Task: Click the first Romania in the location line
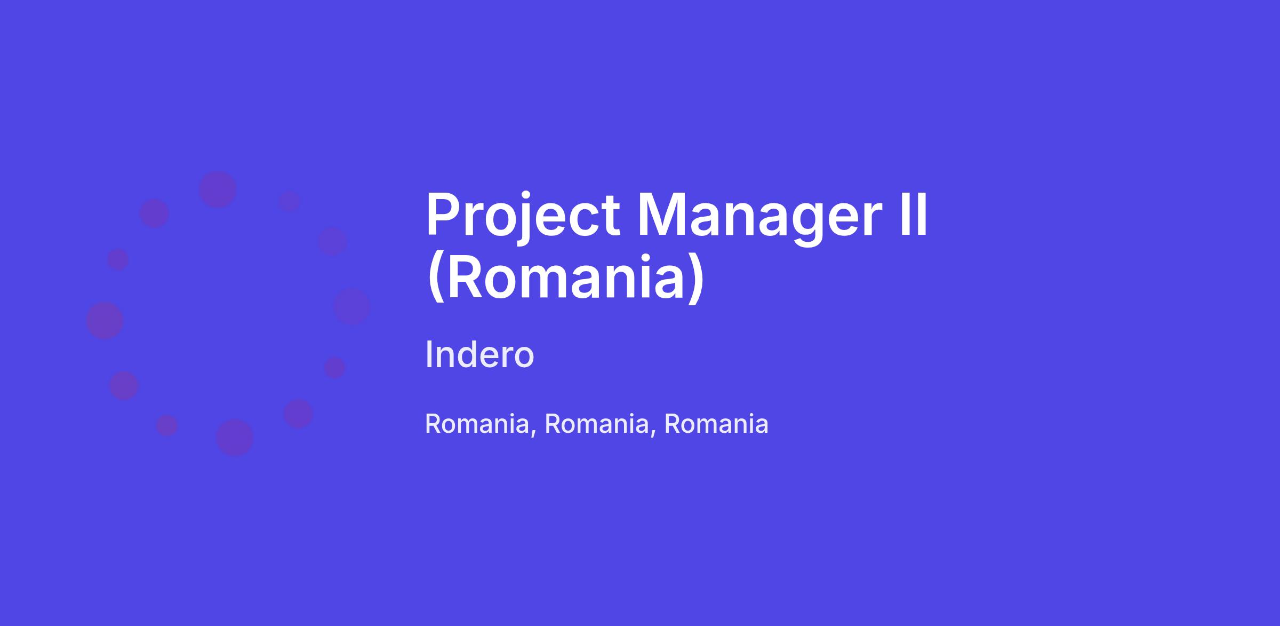click(x=477, y=424)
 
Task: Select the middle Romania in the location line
click(x=596, y=424)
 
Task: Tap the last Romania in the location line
click(x=716, y=424)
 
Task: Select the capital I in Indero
click(x=428, y=354)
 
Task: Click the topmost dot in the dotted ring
click(x=217, y=189)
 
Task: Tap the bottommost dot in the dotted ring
click(x=235, y=438)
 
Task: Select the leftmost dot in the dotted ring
click(x=105, y=320)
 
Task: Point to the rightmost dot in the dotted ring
click(x=351, y=306)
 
